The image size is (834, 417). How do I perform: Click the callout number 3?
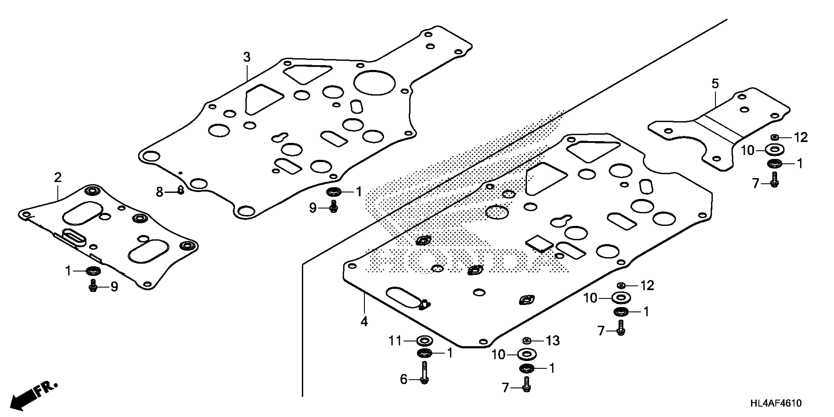(247, 58)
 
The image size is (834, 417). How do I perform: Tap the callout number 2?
(58, 177)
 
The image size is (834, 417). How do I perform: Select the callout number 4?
(364, 322)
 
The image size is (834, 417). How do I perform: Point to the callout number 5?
(715, 84)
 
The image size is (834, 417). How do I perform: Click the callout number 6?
(404, 379)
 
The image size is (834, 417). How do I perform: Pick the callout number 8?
(159, 192)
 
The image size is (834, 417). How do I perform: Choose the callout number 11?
(395, 341)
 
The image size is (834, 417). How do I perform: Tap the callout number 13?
(553, 341)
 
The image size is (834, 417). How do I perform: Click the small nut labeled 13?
(526, 341)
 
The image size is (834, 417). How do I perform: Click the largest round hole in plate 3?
(374, 83)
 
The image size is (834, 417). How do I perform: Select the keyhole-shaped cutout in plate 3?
(279, 137)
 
